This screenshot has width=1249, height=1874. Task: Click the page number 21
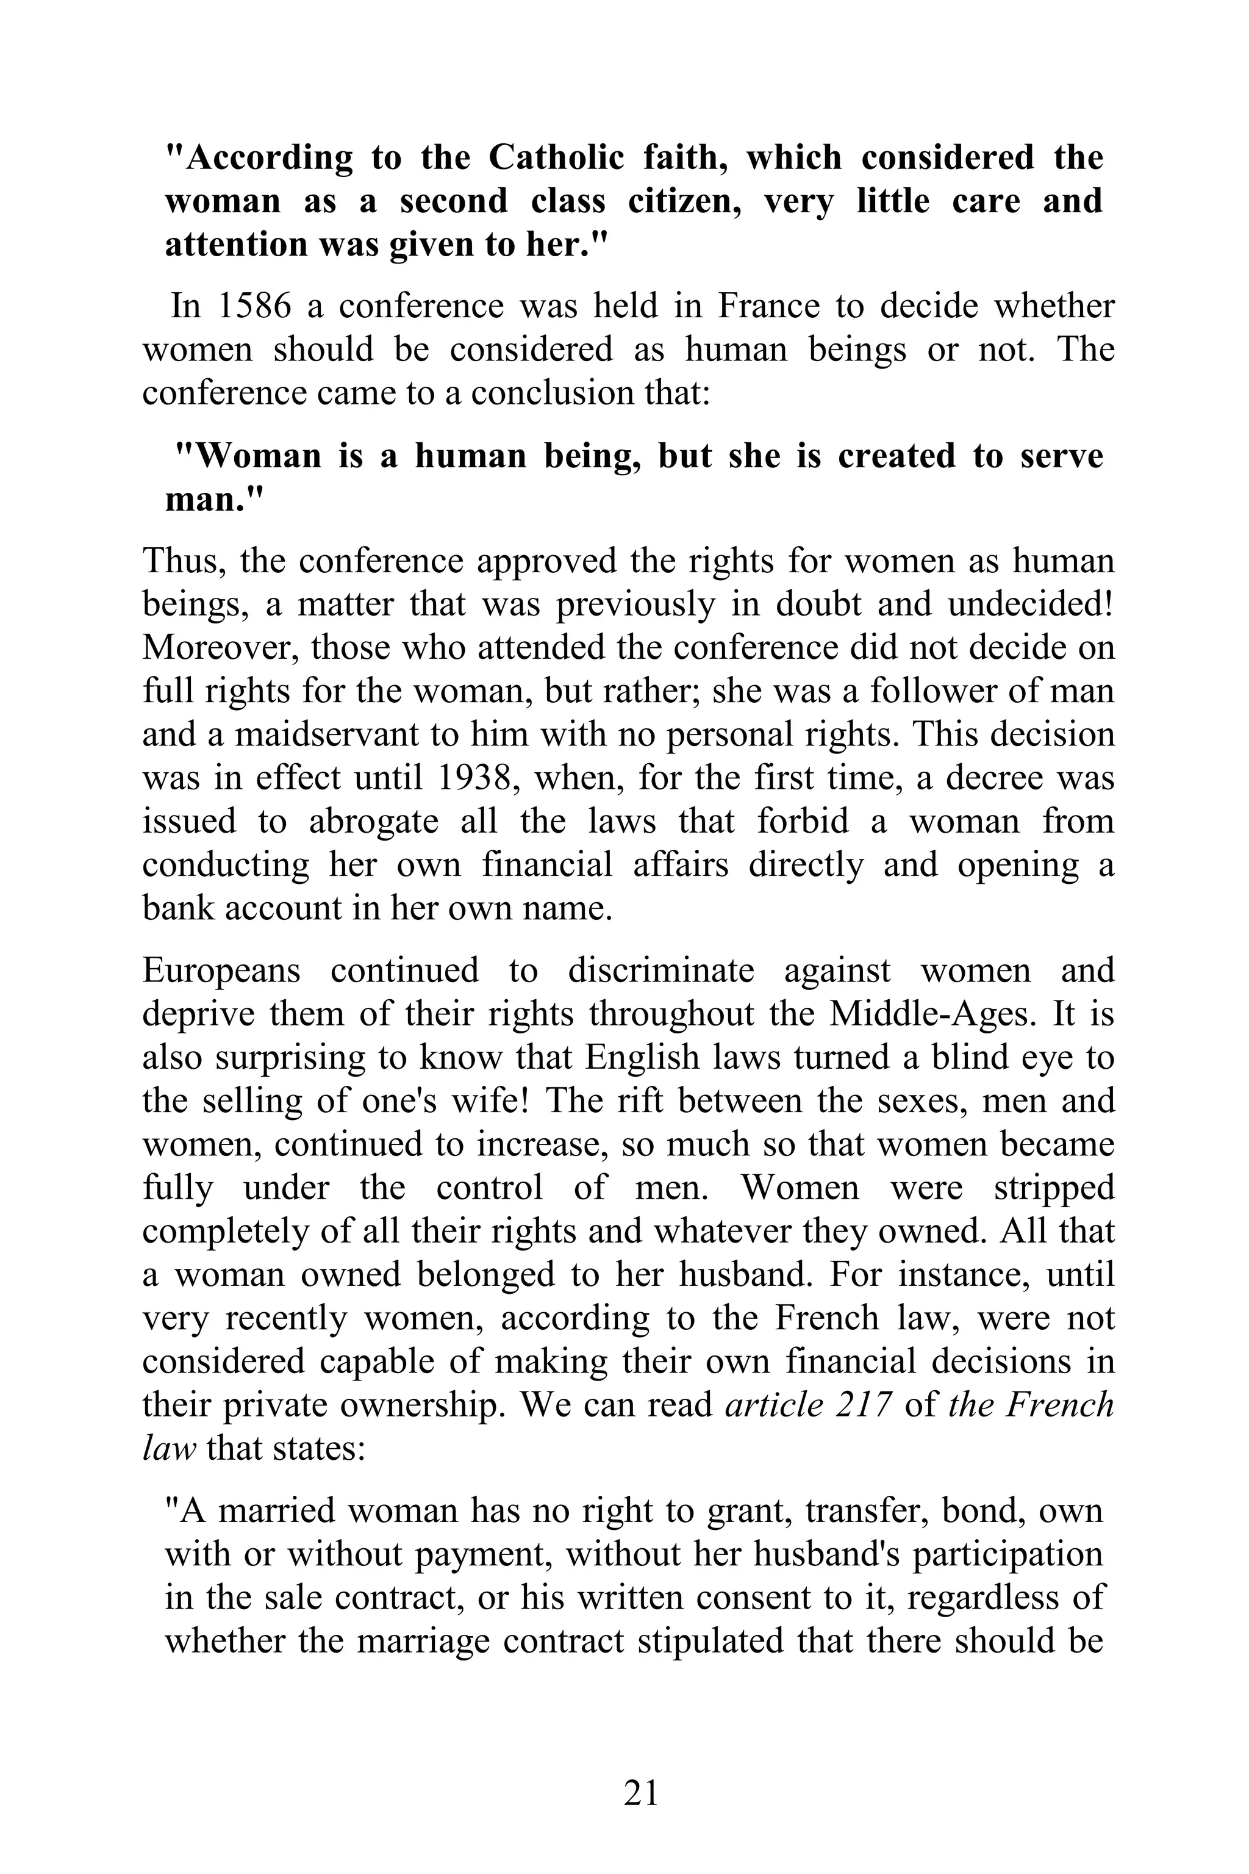[x=640, y=1793]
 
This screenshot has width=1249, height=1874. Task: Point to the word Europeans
[x=221, y=971]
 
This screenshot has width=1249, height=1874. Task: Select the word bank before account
[x=179, y=908]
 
